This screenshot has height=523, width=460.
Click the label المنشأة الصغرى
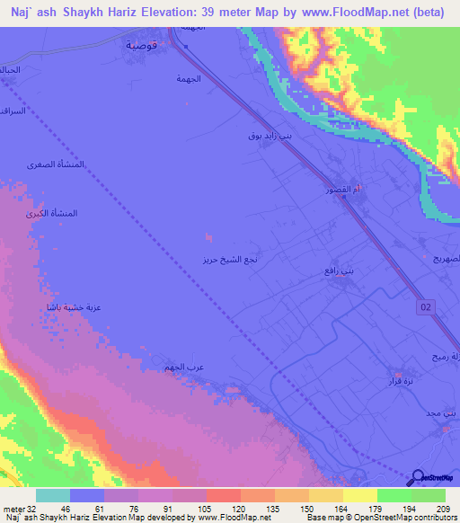pyautogui.click(x=63, y=165)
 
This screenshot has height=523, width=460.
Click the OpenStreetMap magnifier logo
pyautogui.click(x=418, y=478)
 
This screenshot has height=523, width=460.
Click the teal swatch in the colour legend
pyautogui.click(x=53, y=495)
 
